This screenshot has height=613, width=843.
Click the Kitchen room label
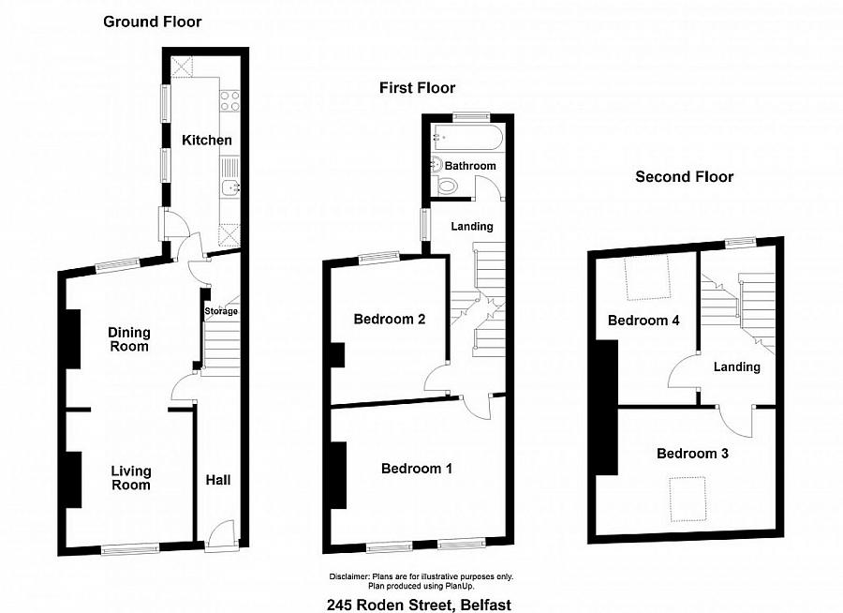tap(206, 140)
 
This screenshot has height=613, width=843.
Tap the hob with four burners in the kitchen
tap(230, 100)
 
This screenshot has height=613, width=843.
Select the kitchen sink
tap(230, 187)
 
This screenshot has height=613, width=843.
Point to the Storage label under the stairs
tap(221, 311)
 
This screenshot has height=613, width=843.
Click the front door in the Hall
tap(220, 535)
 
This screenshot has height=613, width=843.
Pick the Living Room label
tap(130, 478)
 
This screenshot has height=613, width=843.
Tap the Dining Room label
tap(129, 339)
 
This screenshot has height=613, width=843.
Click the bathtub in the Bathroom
tap(467, 137)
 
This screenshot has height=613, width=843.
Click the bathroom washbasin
tap(437, 164)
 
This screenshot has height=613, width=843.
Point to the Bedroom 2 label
tap(390, 319)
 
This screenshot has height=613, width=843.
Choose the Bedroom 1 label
tap(416, 469)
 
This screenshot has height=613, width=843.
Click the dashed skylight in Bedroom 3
tap(688, 499)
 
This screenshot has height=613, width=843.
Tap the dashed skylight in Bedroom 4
tap(648, 277)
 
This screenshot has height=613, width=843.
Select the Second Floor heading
tap(684, 176)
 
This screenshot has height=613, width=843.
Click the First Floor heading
tap(417, 88)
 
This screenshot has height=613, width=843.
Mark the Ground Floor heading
tap(152, 22)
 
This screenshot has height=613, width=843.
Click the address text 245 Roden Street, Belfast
tap(419, 605)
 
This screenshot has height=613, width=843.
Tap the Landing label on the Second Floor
tap(736, 367)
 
